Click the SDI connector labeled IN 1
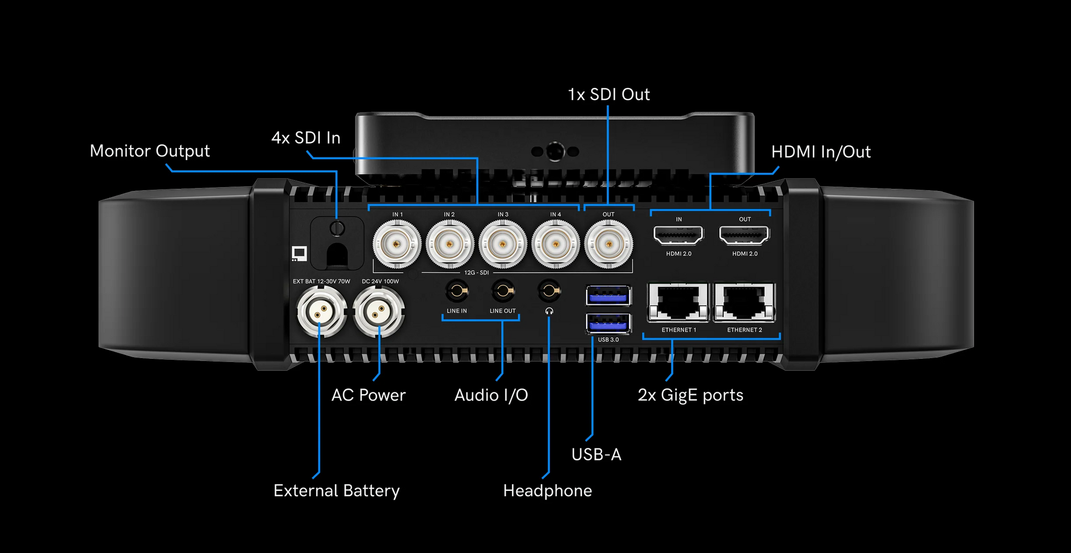(x=397, y=244)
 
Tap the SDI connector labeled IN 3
(x=502, y=244)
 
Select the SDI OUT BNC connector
(x=608, y=244)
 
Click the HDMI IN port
(x=679, y=236)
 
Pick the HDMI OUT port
(x=745, y=236)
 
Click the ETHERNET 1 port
(x=678, y=303)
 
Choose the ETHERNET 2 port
(x=745, y=303)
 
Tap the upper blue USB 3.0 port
(x=608, y=296)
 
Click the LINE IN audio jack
(x=457, y=291)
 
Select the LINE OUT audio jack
(x=502, y=291)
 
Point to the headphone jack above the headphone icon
(x=549, y=291)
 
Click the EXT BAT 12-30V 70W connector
(x=321, y=312)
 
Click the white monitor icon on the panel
(x=299, y=254)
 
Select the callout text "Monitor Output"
(x=150, y=151)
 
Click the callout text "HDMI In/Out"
(x=821, y=152)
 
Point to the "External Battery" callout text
(x=336, y=491)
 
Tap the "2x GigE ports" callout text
(x=690, y=395)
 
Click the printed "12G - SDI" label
(x=476, y=273)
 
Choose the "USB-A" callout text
(x=596, y=455)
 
